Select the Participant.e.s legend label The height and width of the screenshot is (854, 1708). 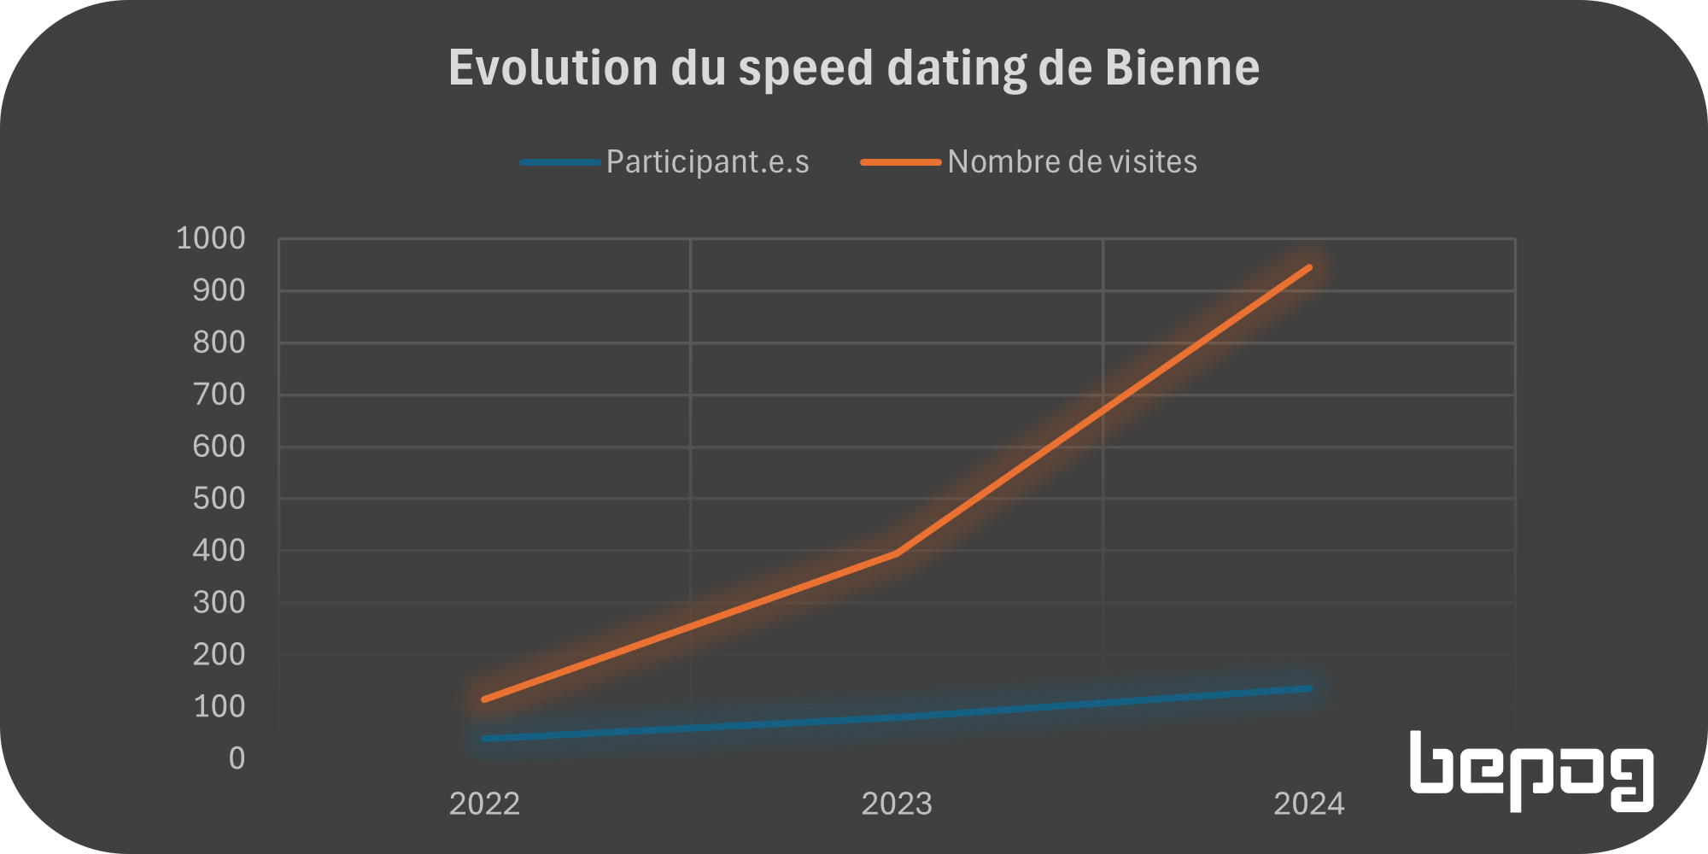click(x=707, y=161)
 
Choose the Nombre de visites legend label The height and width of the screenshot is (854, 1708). click(x=1072, y=161)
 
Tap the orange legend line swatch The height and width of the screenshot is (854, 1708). click(x=900, y=161)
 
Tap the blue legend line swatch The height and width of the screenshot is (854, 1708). click(x=559, y=161)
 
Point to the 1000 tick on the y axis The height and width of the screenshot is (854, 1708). click(x=210, y=238)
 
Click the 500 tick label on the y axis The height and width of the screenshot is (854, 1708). click(x=219, y=499)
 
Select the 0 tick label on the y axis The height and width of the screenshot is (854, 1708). click(x=237, y=758)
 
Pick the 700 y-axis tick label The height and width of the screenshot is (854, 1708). click(x=219, y=395)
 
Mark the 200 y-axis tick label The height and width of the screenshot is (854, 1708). click(x=219, y=655)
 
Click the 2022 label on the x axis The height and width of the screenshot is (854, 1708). click(x=484, y=804)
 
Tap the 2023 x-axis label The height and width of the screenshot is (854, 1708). click(x=897, y=804)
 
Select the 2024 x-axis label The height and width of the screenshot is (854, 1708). click(x=1308, y=804)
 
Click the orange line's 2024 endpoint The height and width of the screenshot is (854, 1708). click(x=1308, y=267)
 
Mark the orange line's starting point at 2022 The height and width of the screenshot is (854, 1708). click(x=484, y=699)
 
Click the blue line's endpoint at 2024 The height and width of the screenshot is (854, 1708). click(x=1308, y=688)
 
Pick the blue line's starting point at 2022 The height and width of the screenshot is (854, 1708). click(x=484, y=739)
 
